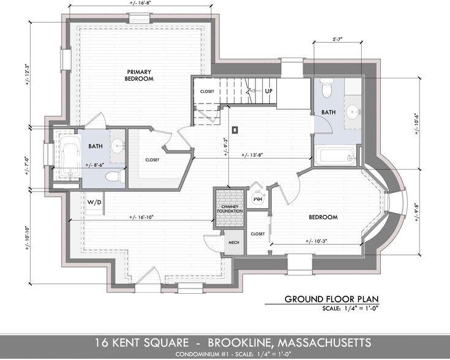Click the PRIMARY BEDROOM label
(140, 75)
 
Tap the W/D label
(94, 201)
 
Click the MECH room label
(233, 242)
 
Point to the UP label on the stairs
(268, 91)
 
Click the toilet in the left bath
(113, 178)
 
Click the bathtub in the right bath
(335, 156)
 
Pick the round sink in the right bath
(353, 112)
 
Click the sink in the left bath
(118, 146)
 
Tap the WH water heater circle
(258, 198)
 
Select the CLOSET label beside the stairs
(208, 91)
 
